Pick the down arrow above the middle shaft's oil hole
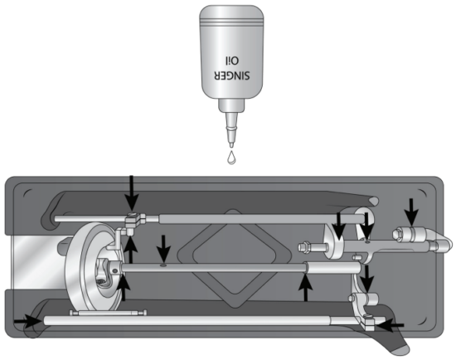point(164,247)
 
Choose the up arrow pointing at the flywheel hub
point(124,287)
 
